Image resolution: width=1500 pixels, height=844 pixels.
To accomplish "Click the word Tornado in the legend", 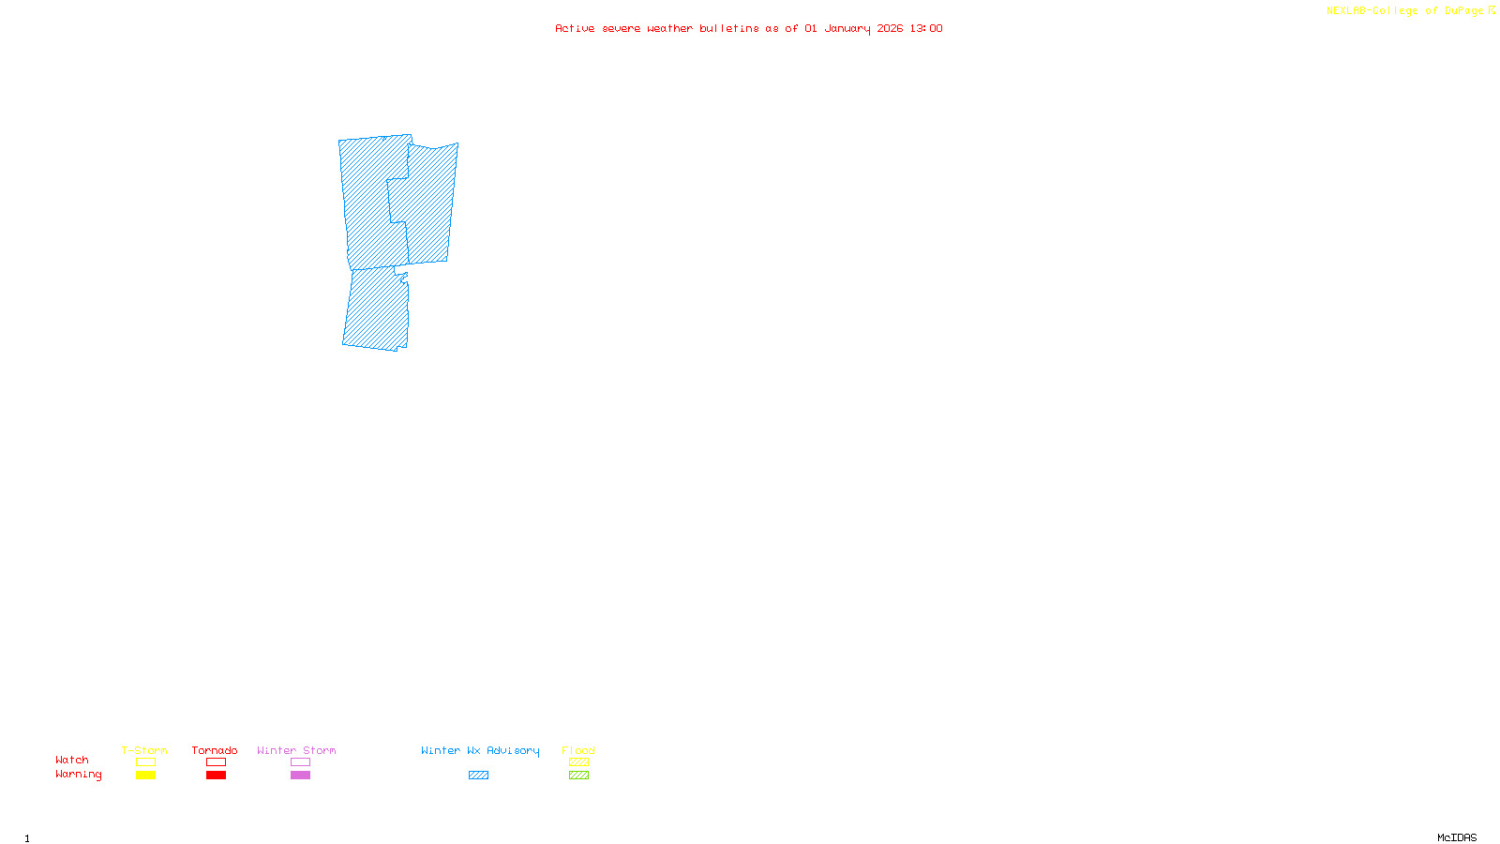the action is [215, 750].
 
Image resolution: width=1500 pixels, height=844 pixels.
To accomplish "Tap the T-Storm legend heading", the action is [144, 750].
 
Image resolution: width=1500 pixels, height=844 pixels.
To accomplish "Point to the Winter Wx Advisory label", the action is [480, 750].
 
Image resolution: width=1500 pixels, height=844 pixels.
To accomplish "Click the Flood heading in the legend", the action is [578, 750].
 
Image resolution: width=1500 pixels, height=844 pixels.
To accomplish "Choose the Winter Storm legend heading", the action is [296, 750].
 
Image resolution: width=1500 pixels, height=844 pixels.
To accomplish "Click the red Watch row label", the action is [72, 761].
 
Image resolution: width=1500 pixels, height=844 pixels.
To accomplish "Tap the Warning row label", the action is [79, 775].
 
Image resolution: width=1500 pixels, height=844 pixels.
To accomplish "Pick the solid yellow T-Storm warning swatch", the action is [145, 776].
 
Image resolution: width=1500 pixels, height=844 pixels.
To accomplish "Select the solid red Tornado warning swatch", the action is [216, 776].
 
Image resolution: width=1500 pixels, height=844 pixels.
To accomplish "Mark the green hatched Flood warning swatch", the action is [578, 776].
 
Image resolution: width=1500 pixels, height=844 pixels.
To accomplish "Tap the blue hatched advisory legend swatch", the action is [478, 776].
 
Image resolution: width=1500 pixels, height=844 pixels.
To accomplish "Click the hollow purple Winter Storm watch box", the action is [300, 762].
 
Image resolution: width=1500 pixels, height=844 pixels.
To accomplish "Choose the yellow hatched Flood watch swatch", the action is [578, 762].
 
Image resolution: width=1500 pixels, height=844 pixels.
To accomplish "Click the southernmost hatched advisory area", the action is [377, 309].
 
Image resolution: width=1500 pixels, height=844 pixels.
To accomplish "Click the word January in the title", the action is [847, 28].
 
